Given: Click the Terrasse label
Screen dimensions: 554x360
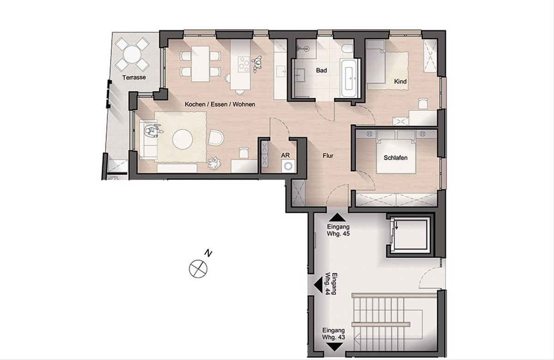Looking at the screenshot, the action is point(134,78).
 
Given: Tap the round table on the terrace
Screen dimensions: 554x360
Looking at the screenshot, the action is point(132,54).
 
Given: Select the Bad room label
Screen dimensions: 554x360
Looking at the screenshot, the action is point(321,71).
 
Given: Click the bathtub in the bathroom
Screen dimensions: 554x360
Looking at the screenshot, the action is point(349,78).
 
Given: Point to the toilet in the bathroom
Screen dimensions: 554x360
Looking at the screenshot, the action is point(348,48).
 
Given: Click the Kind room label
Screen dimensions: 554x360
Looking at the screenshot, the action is point(400,81).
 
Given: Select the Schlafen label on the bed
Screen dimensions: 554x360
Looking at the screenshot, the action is point(396,158).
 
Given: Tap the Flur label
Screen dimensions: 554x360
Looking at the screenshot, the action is point(328,156).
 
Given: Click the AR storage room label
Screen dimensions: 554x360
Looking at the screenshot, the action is point(285,155).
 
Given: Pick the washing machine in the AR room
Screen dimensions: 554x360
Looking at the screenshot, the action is point(288,166).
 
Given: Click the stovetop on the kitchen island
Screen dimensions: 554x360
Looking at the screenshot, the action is point(244,64).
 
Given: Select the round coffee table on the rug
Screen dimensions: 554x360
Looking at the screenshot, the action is point(182,139).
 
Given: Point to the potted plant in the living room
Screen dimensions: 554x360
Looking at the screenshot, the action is point(214,163).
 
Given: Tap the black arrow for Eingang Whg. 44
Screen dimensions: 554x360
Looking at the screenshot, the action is point(318,285).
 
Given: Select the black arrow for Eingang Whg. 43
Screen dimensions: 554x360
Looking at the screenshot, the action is point(335,347).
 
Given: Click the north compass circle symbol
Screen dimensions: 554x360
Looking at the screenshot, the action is point(198,269).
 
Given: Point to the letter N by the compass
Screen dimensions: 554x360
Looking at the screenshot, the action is point(209,254).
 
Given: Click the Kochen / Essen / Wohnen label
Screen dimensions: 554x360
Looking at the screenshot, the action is point(220,104).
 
